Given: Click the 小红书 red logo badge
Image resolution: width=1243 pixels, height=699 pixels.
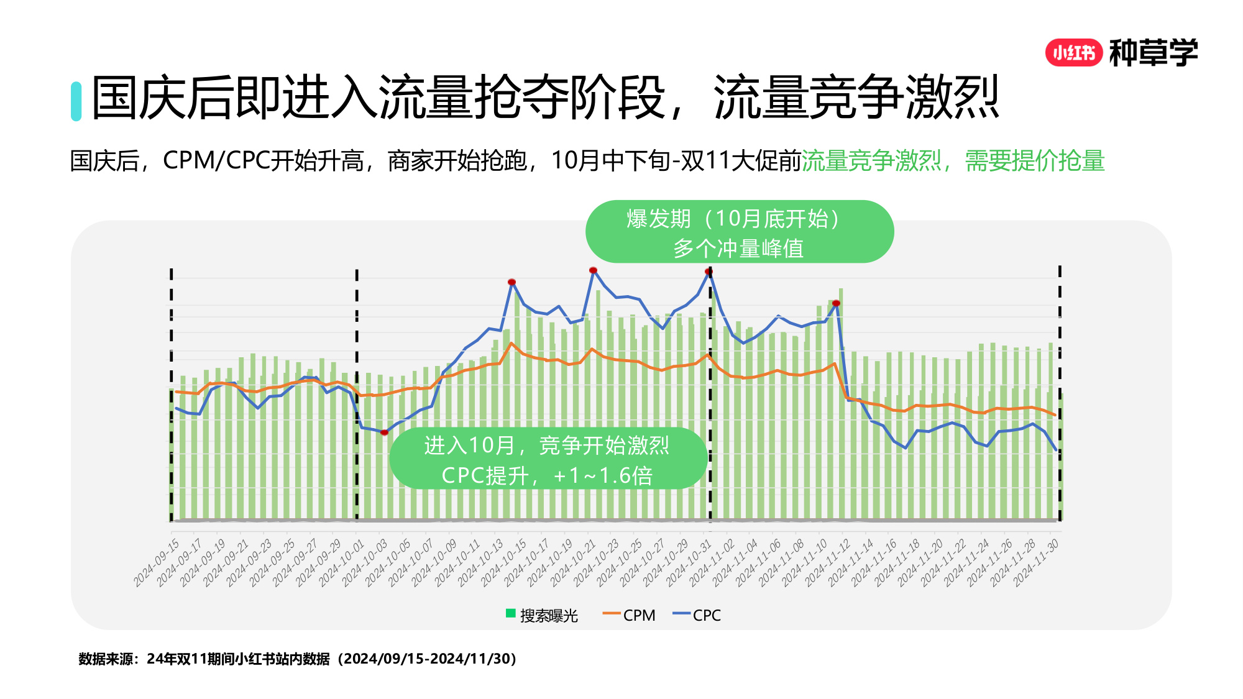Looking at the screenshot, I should coord(1073,53).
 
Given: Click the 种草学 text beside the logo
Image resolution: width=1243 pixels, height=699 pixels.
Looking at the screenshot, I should coord(1153,53).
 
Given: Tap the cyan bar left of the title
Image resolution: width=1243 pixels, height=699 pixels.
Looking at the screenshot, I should coord(76,101).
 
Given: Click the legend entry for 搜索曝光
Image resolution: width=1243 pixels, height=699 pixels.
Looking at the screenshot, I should coord(542,615).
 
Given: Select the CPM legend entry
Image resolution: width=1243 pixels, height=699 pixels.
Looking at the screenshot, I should coord(629,615).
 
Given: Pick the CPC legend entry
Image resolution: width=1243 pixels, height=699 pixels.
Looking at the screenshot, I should coord(697,615).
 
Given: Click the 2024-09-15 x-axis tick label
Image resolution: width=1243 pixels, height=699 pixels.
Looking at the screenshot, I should coord(157,562).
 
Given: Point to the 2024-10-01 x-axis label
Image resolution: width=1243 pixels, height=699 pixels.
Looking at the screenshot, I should coord(342,562).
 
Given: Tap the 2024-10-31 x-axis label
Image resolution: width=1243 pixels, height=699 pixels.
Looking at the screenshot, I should coord(690,562).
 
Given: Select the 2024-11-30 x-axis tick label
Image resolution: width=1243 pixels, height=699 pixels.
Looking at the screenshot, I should coord(1037,562).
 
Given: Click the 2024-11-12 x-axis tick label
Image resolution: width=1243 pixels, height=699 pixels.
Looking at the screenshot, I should coord(828,562).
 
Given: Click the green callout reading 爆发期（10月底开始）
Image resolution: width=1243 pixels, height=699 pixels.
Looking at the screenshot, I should coord(739,232).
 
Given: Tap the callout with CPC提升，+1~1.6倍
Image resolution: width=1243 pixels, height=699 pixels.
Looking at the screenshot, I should coord(547,459).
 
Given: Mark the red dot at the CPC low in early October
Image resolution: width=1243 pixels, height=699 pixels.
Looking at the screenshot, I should coord(384,432).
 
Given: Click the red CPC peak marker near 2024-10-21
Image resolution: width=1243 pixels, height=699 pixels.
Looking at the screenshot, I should coord(593,270).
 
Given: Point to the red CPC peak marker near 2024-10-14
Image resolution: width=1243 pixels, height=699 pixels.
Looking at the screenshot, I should coord(511,282).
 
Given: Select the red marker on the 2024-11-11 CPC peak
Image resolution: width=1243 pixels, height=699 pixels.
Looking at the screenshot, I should coord(836,303).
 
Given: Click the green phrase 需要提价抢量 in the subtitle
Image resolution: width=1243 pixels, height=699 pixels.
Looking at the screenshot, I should coord(1034,161).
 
